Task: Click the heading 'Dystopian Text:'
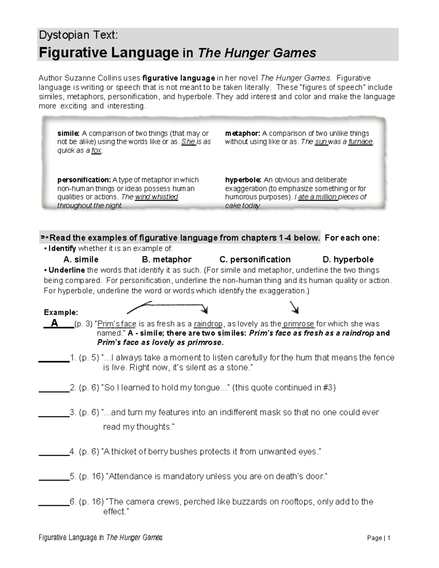click(x=78, y=35)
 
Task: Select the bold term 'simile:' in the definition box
click(x=68, y=133)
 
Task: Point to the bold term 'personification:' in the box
click(x=84, y=180)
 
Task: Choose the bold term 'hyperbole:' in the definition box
click(x=243, y=180)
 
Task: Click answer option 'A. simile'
click(x=81, y=260)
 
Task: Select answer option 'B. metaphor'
click(x=166, y=260)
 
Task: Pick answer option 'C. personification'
click(x=255, y=260)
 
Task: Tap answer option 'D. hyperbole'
click(x=348, y=260)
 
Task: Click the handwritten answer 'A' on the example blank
click(x=55, y=323)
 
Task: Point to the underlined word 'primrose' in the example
click(x=299, y=324)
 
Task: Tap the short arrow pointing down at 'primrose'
click(x=294, y=308)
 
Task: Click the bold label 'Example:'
click(x=61, y=313)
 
